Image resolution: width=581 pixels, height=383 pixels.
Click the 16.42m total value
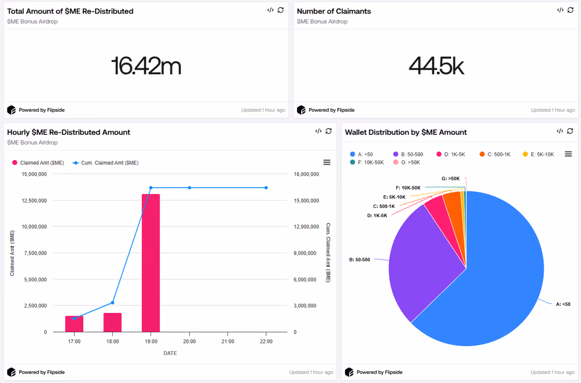click(x=146, y=66)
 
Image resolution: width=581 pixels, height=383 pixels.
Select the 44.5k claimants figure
click(x=436, y=66)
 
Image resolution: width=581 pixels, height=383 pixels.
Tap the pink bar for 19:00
click(x=151, y=263)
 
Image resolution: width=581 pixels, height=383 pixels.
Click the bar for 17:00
click(x=74, y=324)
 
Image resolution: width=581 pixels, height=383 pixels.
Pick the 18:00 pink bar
click(x=112, y=323)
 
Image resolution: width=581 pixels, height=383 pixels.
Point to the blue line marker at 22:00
click(x=266, y=188)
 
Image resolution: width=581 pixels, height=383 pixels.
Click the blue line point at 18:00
click(x=112, y=302)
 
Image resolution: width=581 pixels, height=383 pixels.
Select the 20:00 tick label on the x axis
click(x=189, y=341)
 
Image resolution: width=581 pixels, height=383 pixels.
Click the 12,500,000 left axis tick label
click(x=34, y=201)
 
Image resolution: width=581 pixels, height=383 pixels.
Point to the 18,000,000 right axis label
click(x=306, y=174)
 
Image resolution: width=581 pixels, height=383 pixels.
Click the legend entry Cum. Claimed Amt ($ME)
click(x=106, y=163)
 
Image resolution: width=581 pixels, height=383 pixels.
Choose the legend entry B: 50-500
click(x=408, y=154)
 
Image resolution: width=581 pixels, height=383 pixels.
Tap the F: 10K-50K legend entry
click(x=367, y=162)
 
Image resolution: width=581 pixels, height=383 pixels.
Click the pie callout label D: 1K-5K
click(x=377, y=215)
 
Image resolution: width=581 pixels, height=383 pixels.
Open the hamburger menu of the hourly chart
click(x=327, y=162)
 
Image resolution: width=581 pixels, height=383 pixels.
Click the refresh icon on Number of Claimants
click(x=570, y=10)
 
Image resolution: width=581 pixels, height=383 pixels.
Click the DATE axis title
click(x=170, y=353)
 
